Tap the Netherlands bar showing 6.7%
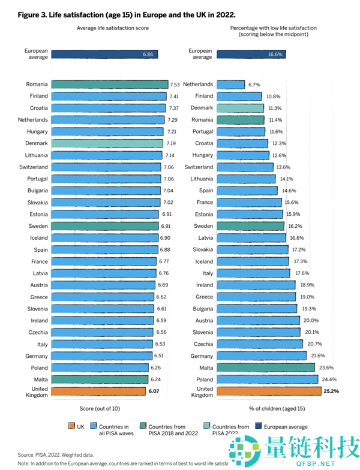click(230, 85)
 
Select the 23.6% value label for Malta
click(326, 367)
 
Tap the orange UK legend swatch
click(70, 427)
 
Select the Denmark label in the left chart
click(38, 143)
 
